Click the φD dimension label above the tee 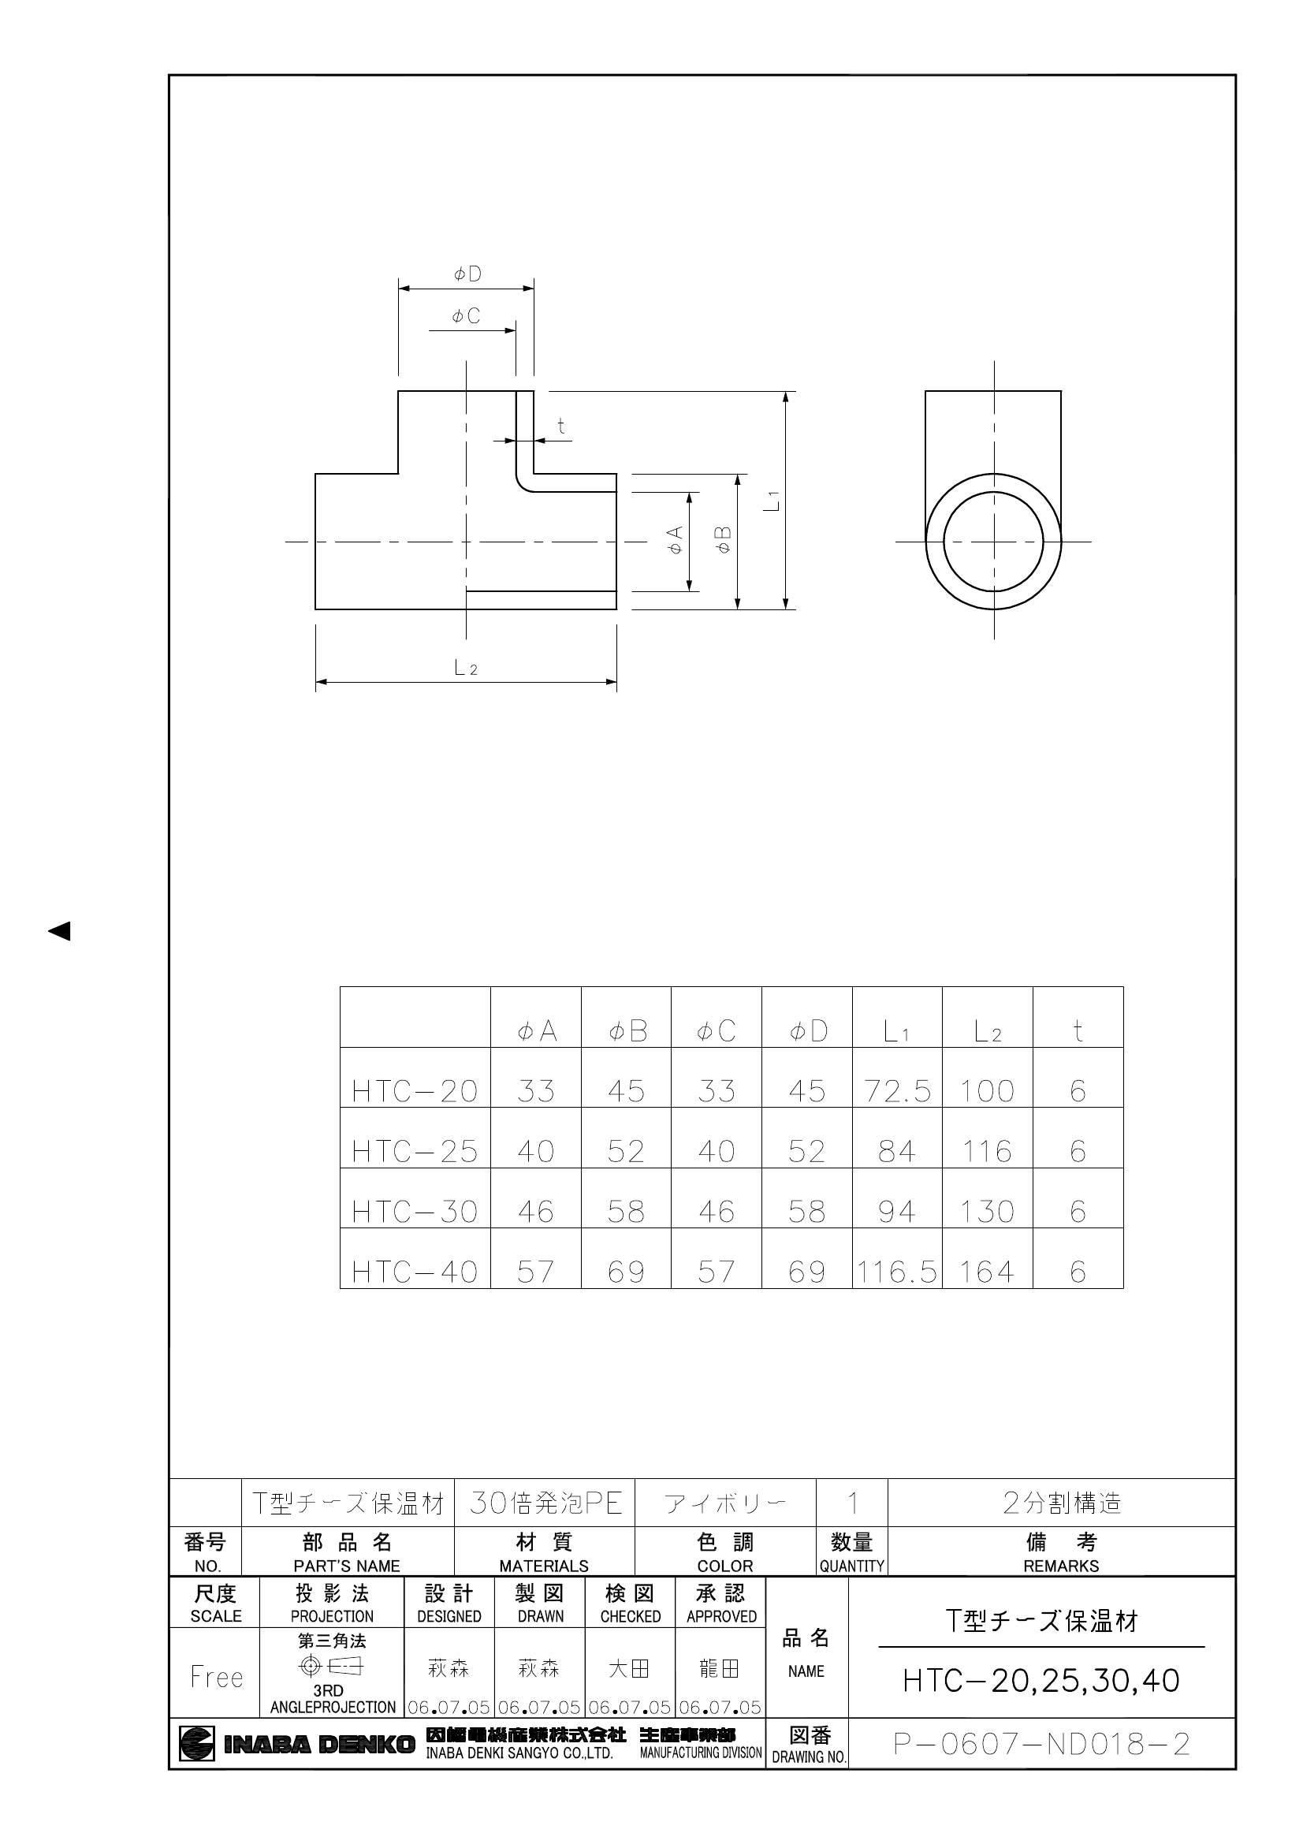[x=467, y=274]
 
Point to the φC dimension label [x=466, y=316]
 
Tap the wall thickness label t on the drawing [x=561, y=427]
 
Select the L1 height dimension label [x=772, y=501]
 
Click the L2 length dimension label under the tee [x=466, y=667]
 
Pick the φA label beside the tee [x=676, y=540]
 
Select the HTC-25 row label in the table [x=415, y=1151]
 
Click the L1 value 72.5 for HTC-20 [x=897, y=1090]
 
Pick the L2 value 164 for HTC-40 [x=987, y=1272]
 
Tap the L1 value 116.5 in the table [x=896, y=1272]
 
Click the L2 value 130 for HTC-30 [x=987, y=1211]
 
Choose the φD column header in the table [x=808, y=1031]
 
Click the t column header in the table [x=1078, y=1030]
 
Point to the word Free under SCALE [x=216, y=1676]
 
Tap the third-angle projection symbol [x=332, y=1667]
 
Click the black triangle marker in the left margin [x=59, y=931]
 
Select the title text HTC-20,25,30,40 [x=1041, y=1680]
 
